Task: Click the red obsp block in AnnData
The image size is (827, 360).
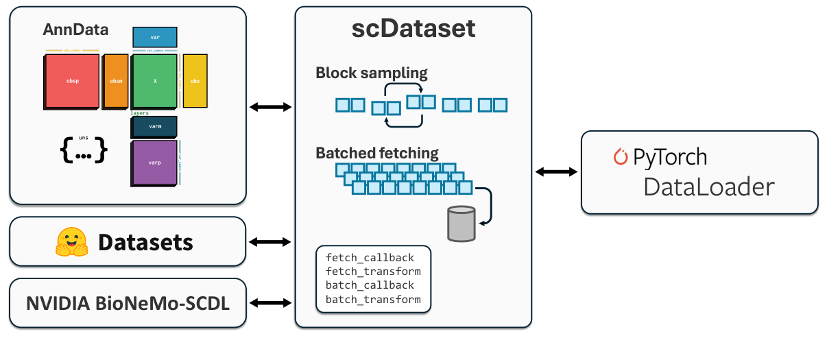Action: [72, 81]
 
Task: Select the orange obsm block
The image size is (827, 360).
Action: [115, 82]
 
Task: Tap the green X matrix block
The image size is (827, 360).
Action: [154, 81]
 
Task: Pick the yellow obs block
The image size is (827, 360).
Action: [195, 81]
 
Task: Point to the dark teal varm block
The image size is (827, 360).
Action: [154, 127]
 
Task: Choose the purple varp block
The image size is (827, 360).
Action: [154, 163]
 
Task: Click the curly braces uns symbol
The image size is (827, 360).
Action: [84, 151]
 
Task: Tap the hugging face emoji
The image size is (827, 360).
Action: [71, 242]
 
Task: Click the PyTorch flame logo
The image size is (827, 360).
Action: [621, 157]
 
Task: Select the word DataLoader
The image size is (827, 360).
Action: [708, 187]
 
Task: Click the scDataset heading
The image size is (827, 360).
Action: [413, 29]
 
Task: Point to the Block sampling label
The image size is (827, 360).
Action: [371, 73]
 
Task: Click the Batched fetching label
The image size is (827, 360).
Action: [376, 153]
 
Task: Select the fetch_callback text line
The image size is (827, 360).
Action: [370, 258]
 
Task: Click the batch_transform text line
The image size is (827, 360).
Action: [373, 299]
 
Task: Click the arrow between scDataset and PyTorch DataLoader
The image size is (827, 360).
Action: [556, 172]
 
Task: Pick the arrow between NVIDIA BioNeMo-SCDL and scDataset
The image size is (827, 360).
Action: [271, 302]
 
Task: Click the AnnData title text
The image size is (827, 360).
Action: [75, 30]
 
